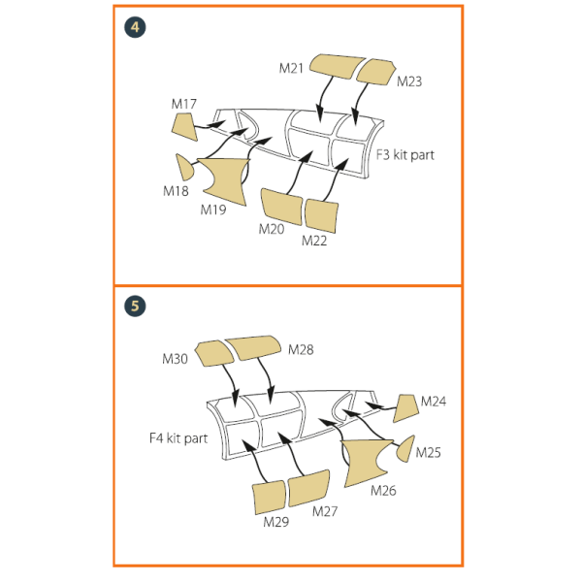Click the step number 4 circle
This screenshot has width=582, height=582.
(x=135, y=27)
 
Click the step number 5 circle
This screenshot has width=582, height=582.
(x=135, y=307)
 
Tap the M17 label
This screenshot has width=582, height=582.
(x=184, y=104)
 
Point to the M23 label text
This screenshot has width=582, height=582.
(x=409, y=81)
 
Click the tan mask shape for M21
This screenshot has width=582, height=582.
(x=337, y=66)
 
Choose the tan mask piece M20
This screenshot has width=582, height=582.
(x=281, y=207)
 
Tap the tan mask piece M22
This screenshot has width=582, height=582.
(x=321, y=216)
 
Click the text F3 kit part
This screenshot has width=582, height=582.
(x=404, y=155)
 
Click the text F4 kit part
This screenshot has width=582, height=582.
(x=178, y=438)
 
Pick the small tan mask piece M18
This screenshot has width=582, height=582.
(x=184, y=168)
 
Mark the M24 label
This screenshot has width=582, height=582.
(x=434, y=402)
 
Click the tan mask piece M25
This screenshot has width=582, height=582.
(x=405, y=449)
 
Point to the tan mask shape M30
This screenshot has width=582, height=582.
(x=214, y=354)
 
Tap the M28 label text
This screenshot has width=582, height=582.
(x=301, y=349)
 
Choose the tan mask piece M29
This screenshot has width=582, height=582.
(x=269, y=498)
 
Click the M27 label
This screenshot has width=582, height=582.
(x=325, y=511)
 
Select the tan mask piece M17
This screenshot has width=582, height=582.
(x=185, y=127)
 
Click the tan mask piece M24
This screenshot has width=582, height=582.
(x=406, y=408)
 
